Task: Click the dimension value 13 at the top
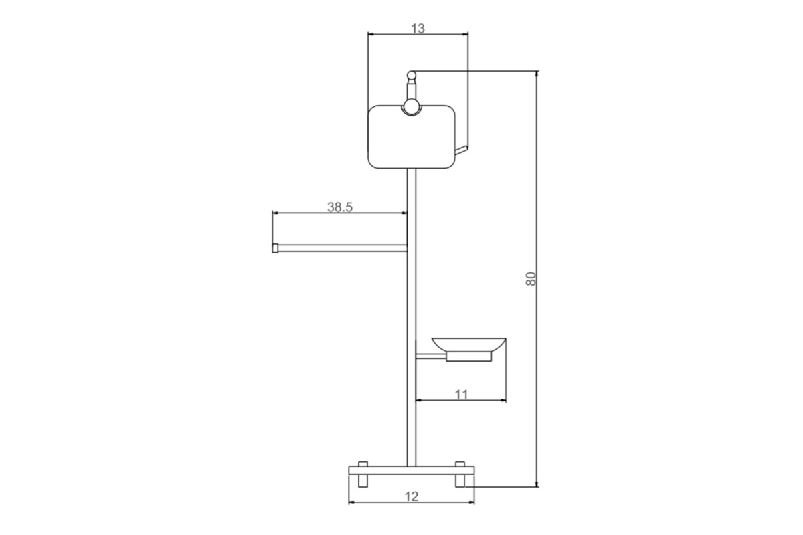418,28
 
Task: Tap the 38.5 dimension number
340,207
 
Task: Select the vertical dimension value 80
531,279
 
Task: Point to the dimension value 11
461,395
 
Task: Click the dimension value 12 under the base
412,496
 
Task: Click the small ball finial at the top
411,76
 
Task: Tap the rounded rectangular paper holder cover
412,136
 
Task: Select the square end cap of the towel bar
275,248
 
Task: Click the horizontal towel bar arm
343,248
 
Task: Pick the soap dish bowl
468,344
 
